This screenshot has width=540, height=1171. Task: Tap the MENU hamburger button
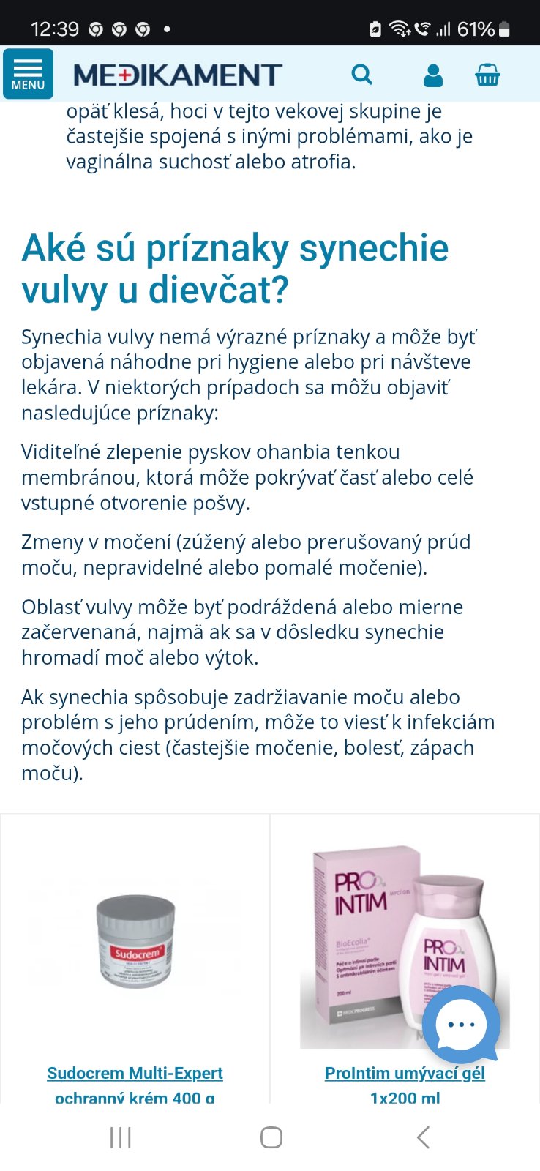[28, 74]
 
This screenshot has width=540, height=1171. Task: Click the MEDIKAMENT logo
[178, 75]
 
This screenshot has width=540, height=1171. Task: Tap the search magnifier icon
[361, 75]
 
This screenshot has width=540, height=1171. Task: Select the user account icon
[433, 75]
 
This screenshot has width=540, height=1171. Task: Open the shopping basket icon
[487, 75]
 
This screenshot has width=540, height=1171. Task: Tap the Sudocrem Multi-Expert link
[135, 1073]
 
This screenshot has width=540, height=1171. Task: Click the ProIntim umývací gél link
[405, 1073]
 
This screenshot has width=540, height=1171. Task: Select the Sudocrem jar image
[135, 942]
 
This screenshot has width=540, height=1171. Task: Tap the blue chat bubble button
[462, 1024]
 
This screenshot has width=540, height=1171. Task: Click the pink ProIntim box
[359, 937]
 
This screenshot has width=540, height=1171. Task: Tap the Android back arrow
[423, 1137]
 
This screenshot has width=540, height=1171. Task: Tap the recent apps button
[121, 1137]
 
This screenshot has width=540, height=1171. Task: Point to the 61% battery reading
[476, 29]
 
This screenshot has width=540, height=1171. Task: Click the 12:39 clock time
[55, 29]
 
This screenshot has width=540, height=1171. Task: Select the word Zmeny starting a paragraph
[52, 542]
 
